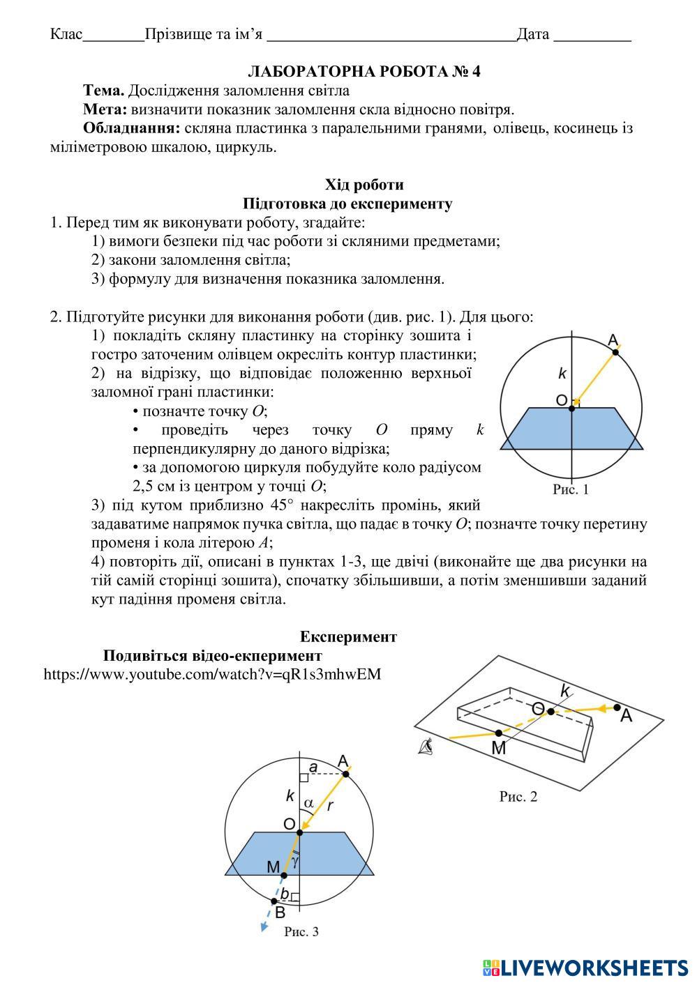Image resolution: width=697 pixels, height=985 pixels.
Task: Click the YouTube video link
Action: [212, 674]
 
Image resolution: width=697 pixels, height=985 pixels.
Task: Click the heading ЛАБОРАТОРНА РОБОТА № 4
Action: [364, 72]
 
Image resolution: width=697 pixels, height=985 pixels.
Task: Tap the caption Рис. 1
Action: [571, 489]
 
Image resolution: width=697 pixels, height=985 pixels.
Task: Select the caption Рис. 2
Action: [518, 796]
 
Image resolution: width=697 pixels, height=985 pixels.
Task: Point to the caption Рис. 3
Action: [301, 931]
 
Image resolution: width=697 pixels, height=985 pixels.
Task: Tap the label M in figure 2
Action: [498, 749]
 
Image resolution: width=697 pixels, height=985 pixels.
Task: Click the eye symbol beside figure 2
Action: [426, 748]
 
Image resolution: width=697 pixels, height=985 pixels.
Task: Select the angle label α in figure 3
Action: [308, 802]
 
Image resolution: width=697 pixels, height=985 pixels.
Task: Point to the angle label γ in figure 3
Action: [296, 862]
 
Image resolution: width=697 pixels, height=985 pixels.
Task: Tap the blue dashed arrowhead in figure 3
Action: [264, 926]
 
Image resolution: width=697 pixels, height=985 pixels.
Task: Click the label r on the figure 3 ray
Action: [330, 806]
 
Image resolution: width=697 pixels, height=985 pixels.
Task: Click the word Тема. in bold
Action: [104, 91]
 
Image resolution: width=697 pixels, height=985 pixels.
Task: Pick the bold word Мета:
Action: [105, 109]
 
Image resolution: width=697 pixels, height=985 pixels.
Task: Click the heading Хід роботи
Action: [364, 185]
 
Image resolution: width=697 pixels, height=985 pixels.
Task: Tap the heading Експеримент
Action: [348, 636]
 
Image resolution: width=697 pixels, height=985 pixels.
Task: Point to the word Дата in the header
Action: [533, 34]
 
